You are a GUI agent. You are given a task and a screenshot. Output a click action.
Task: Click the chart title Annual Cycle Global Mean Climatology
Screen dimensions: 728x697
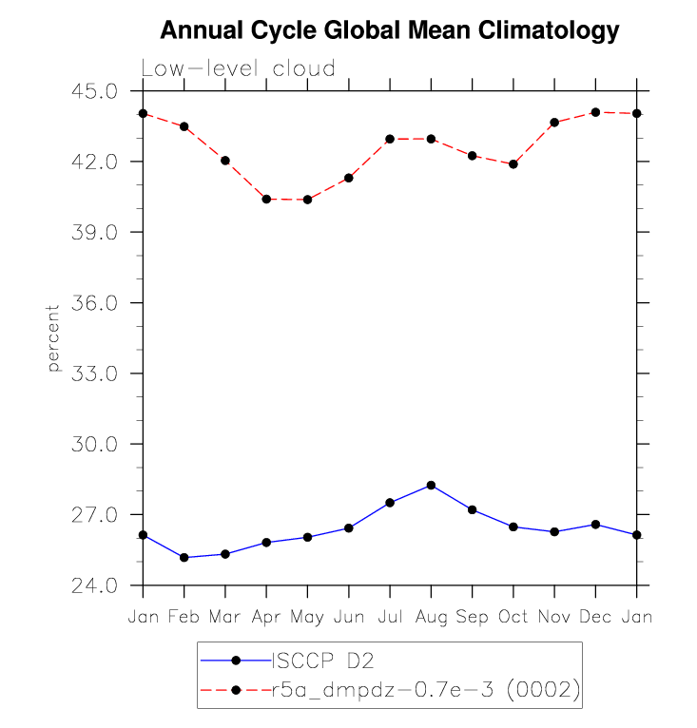(x=389, y=30)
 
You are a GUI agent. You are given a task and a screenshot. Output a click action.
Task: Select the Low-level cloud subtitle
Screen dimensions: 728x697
(x=238, y=68)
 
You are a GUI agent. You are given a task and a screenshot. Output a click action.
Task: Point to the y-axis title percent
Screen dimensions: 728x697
(x=53, y=338)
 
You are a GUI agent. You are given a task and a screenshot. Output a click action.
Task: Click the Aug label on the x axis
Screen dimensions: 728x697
(x=431, y=617)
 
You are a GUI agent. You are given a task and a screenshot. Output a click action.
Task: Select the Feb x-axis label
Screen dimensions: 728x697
(x=184, y=617)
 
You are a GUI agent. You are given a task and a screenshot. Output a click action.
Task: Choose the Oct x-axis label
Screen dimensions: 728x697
(x=513, y=617)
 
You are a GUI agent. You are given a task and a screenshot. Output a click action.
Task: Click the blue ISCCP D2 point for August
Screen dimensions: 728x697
(x=431, y=485)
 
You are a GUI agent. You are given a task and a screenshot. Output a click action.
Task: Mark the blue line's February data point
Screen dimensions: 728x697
(x=184, y=557)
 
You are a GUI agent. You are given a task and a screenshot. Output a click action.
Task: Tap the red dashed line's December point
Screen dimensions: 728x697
(x=595, y=112)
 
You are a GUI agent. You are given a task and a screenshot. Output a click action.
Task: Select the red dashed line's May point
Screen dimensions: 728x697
(x=307, y=200)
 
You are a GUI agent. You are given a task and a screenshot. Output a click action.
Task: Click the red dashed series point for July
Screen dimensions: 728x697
(x=390, y=139)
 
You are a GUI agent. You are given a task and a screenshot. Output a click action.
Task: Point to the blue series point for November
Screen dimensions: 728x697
(x=554, y=531)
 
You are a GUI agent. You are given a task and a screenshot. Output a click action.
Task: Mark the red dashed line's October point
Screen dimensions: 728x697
(x=513, y=164)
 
